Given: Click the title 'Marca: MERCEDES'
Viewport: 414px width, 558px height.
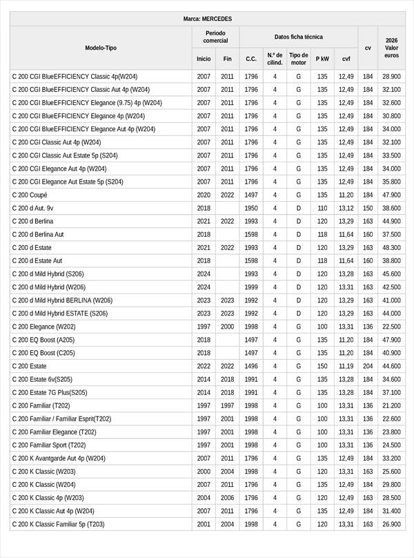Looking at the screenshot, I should click(x=208, y=19).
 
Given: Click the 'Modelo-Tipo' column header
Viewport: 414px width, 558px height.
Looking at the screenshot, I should click(x=101, y=48).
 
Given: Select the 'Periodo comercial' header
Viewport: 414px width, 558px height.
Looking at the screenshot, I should click(x=215, y=37).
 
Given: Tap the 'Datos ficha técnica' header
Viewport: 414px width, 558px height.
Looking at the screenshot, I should click(x=298, y=37).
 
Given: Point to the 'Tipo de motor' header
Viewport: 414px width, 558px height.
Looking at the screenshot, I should click(x=299, y=59).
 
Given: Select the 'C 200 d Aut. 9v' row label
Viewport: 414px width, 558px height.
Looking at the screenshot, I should click(x=33, y=208).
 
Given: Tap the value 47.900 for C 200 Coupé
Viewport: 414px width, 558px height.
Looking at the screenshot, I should click(x=391, y=195).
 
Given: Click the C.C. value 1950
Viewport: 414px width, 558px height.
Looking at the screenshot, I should click(x=251, y=208).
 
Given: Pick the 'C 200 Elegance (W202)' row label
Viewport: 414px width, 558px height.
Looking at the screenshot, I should click(x=43, y=327).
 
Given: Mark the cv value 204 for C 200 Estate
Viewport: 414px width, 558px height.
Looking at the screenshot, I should click(x=368, y=366).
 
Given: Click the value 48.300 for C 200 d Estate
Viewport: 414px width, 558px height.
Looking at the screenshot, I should click(x=391, y=247).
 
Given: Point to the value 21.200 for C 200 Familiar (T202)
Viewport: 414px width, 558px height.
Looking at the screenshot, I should click(x=391, y=405).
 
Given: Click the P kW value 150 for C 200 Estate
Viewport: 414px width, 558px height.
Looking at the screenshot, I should click(x=322, y=366).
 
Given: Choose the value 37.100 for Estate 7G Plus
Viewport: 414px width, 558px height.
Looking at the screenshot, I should click(x=391, y=392).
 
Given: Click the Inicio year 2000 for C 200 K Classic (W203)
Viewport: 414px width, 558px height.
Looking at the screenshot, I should click(x=204, y=472).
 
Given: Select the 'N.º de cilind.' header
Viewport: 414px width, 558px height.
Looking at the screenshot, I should click(x=275, y=59).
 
